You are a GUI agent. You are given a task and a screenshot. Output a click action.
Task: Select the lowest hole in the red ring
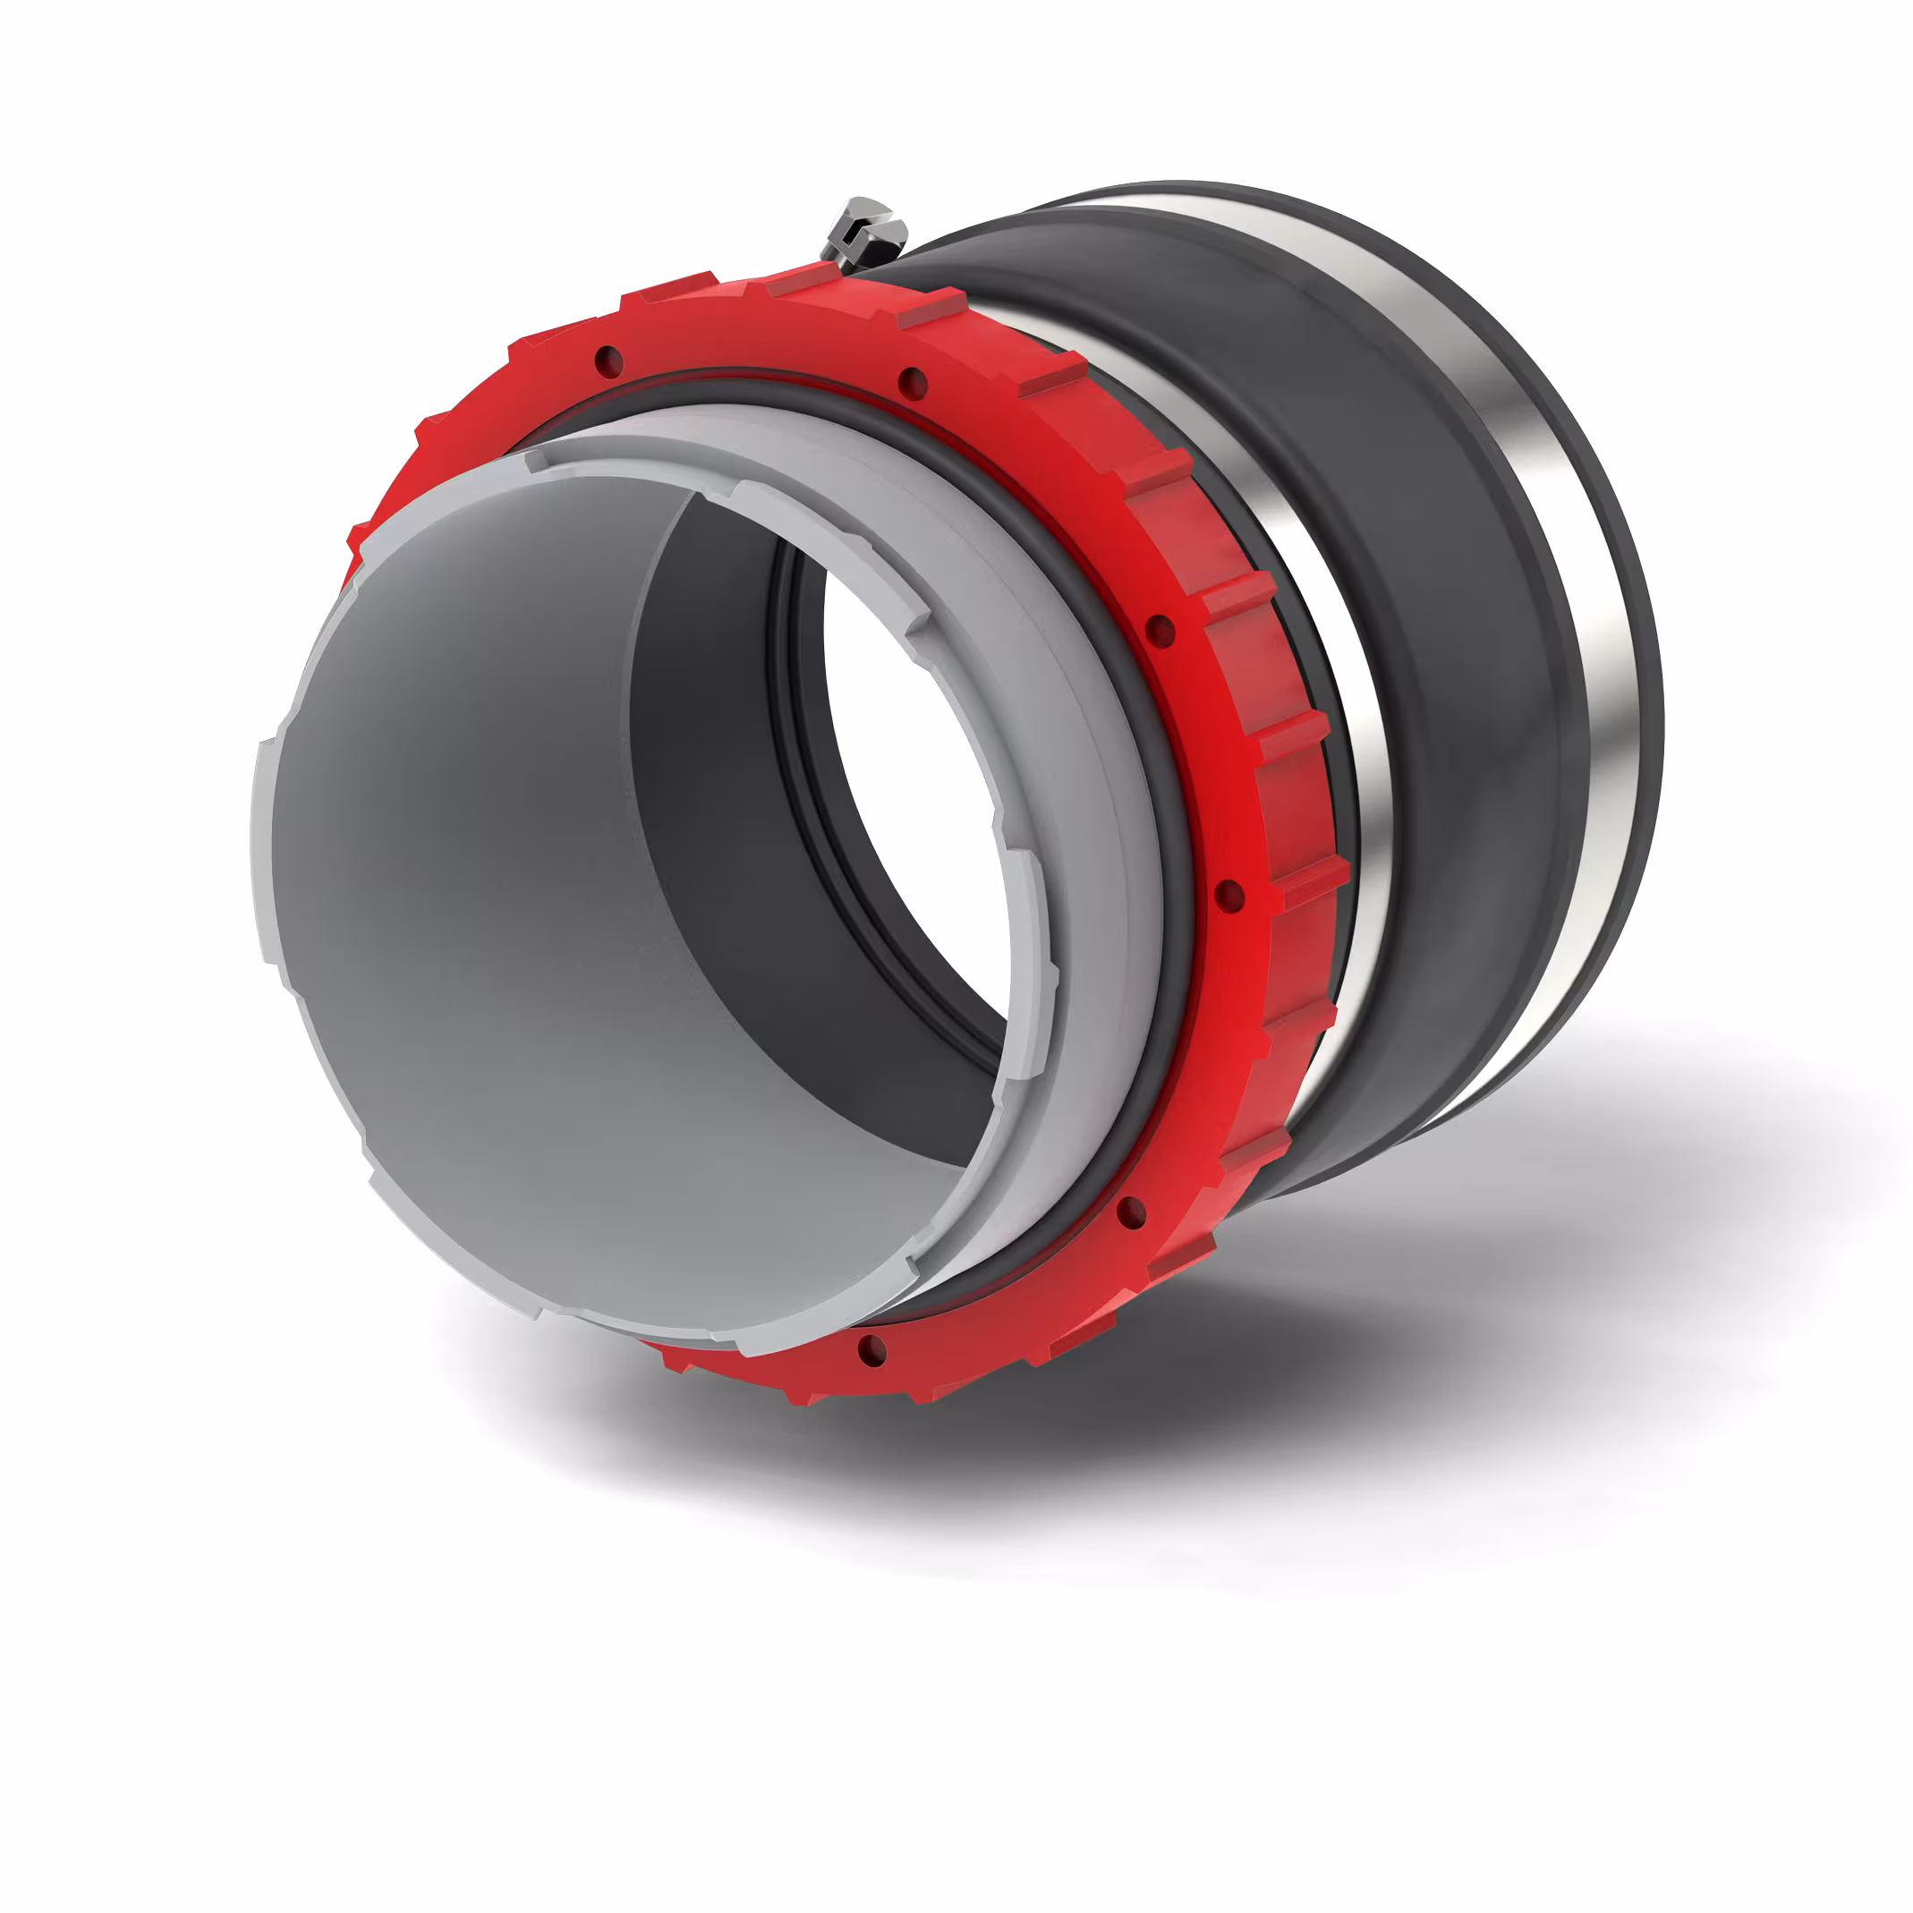tap(871, 1348)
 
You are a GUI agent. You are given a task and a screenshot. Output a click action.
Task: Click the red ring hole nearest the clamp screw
tap(912, 382)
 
